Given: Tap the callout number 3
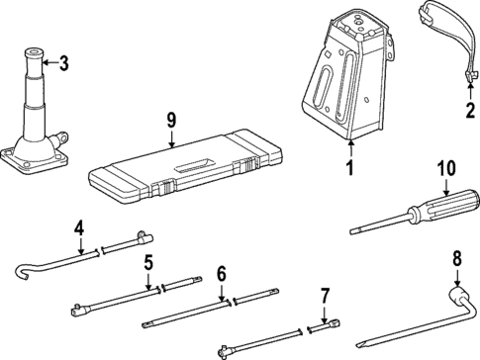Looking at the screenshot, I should [x=64, y=66].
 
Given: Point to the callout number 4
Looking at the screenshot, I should [x=79, y=232].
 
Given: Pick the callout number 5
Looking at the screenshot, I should [x=148, y=264].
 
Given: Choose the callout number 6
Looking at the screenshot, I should [x=222, y=274].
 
